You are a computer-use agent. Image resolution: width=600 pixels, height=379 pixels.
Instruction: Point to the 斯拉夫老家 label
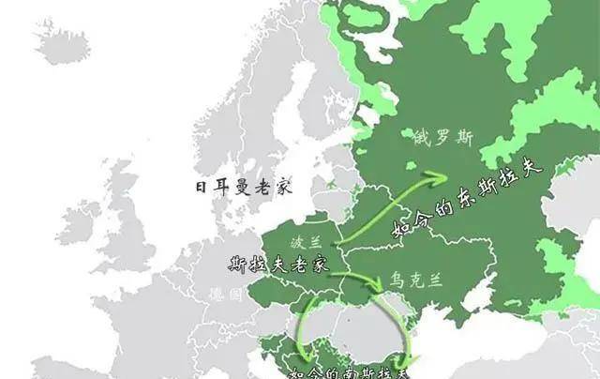pos(277,264)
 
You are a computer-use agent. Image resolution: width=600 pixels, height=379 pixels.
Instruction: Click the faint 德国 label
pos(226,294)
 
